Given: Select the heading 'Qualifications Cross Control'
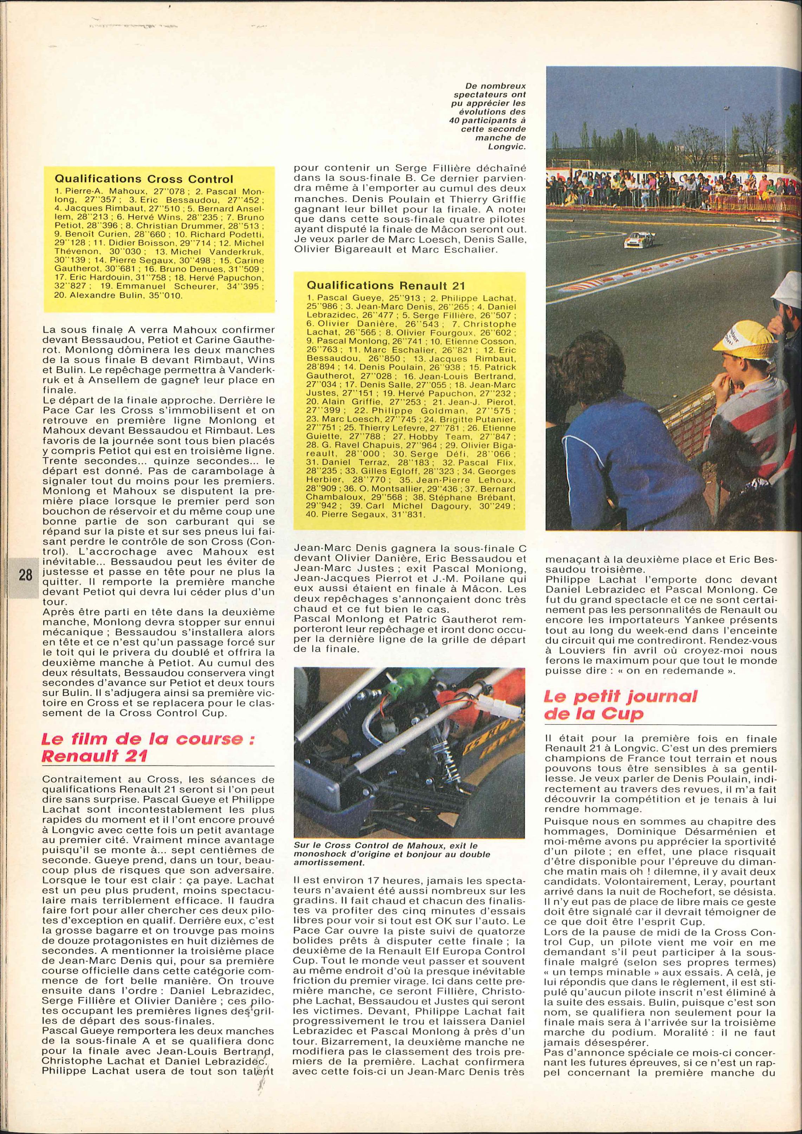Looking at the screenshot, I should click(144, 179).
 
